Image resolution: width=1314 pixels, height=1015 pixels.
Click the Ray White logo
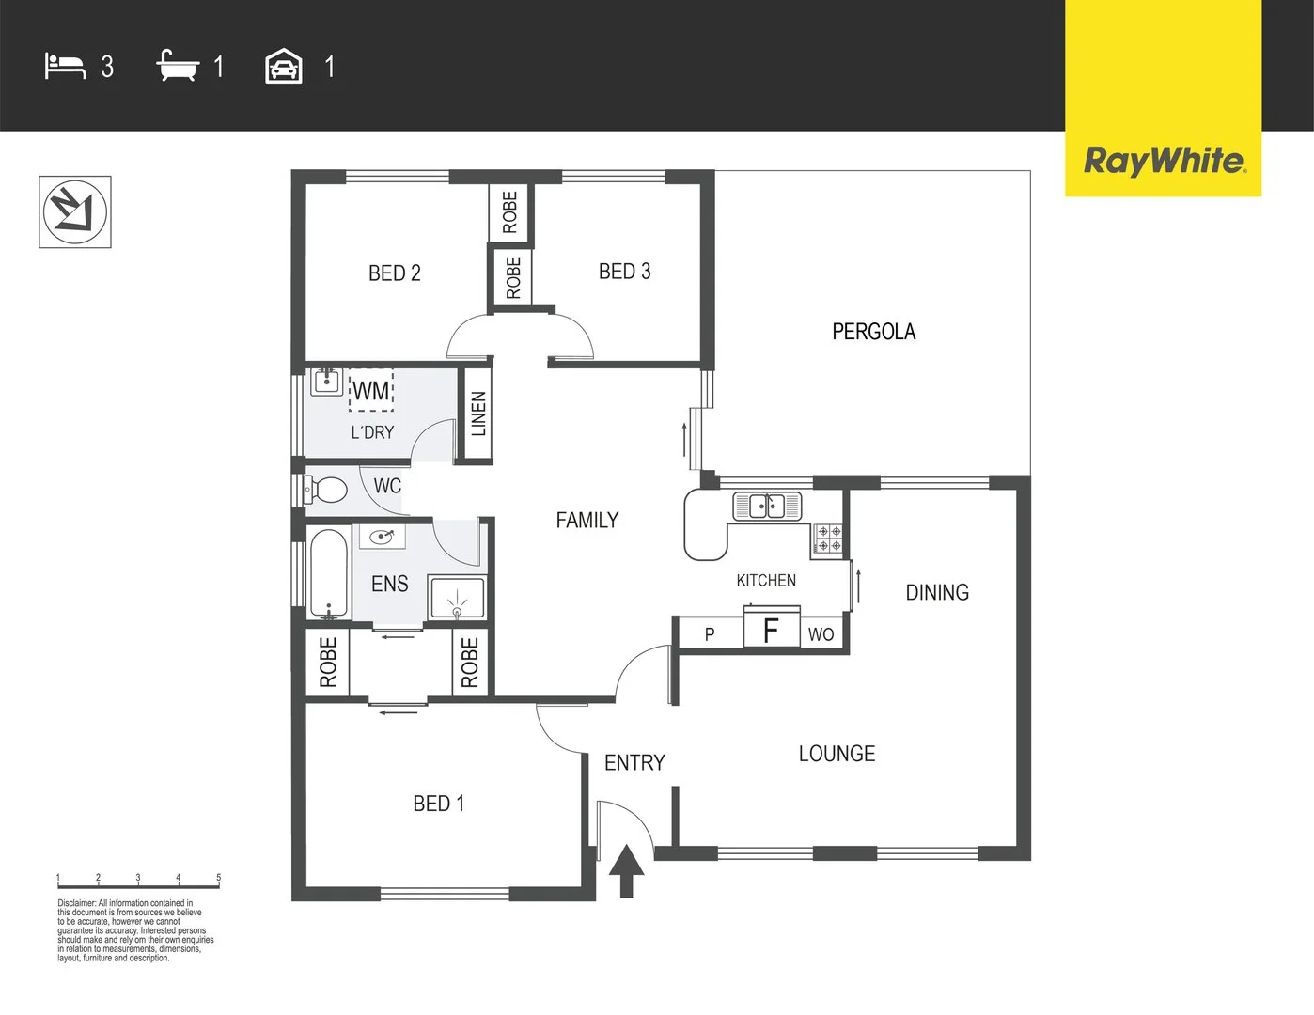coord(1164,161)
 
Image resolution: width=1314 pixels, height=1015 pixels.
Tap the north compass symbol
coord(75,211)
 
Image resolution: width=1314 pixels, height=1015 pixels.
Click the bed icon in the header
coord(65,67)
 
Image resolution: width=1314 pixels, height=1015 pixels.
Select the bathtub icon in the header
coord(178,67)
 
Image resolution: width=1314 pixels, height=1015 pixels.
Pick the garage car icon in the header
coord(284,67)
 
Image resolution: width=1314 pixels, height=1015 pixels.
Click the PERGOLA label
coord(873,332)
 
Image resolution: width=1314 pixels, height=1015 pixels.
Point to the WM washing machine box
coord(371,391)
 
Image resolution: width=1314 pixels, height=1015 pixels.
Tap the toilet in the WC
coord(326,489)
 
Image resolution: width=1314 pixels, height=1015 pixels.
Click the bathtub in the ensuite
coord(328,573)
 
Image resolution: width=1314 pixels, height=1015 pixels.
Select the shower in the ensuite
coord(457,598)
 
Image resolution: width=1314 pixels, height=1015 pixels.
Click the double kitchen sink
coord(767,506)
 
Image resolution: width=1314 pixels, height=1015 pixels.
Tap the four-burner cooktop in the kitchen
coord(829,539)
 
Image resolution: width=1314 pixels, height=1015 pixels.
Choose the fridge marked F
coord(771,630)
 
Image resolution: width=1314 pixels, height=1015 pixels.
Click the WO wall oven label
coord(821,634)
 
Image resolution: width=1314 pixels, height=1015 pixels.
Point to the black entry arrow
coord(627,870)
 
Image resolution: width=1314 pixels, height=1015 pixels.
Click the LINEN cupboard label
coord(478,414)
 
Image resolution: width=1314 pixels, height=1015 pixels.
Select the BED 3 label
coord(624,272)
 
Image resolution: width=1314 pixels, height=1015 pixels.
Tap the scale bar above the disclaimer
coord(138,881)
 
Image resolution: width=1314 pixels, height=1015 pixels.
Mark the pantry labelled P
coord(710,634)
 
